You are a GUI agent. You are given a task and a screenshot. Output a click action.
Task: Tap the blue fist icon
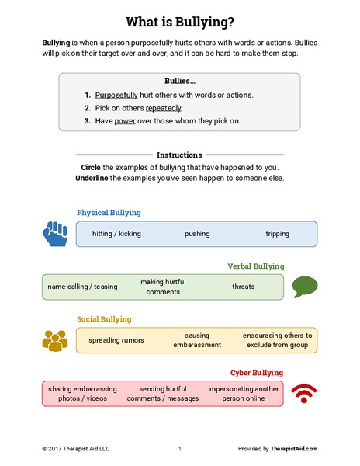click(x=56, y=232)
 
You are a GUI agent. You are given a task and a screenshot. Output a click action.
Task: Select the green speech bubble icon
click(x=303, y=287)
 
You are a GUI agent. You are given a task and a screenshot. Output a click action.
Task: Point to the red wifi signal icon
click(x=304, y=394)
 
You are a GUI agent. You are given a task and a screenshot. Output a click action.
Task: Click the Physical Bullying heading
click(x=109, y=212)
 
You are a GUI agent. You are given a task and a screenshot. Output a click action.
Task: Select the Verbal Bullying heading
click(x=255, y=266)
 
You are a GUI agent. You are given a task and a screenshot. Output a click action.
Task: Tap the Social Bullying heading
click(x=104, y=318)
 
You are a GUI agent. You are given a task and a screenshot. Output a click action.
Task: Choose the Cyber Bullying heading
click(x=257, y=372)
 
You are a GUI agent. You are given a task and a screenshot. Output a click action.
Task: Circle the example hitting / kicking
click(x=117, y=233)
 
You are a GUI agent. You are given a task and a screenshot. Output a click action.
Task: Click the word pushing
click(x=197, y=233)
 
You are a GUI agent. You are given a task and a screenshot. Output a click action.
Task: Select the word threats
click(x=243, y=287)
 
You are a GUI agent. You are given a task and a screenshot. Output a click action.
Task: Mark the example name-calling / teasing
click(x=82, y=287)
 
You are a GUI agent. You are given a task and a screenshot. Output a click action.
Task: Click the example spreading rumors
click(x=117, y=340)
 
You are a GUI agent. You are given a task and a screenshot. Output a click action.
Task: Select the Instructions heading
click(x=179, y=155)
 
